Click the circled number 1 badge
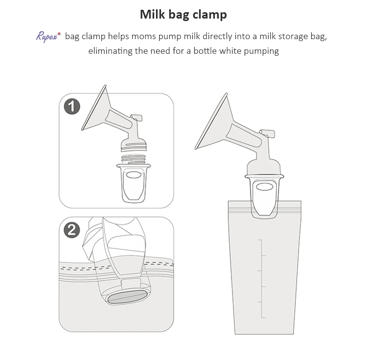[x=72, y=106]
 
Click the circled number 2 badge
[x=72, y=229]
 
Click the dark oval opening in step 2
[x=126, y=298]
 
